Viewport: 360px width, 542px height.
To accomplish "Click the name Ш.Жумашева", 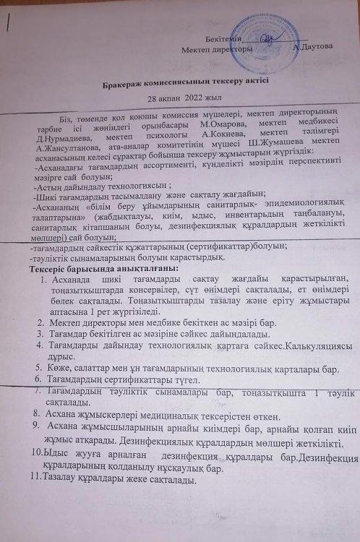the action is pos(271,151).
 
